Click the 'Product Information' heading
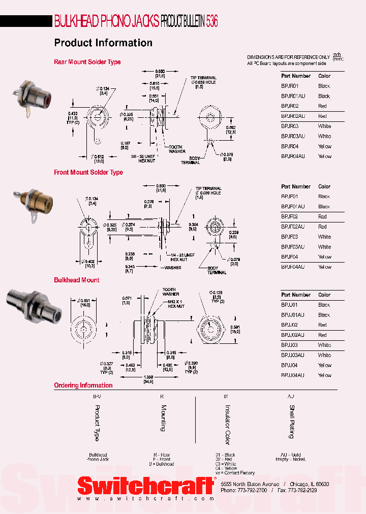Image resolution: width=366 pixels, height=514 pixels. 103,43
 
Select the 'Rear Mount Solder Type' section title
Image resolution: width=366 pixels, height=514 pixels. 87,62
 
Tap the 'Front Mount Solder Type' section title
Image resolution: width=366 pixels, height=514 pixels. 88,172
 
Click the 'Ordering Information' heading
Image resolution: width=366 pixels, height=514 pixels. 83,385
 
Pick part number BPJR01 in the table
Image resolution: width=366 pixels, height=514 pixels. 290,86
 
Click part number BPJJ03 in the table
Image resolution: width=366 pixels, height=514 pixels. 290,345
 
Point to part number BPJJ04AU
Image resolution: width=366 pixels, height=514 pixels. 293,375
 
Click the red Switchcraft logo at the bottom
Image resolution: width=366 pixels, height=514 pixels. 145,486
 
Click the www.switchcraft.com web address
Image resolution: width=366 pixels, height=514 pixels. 145,499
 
